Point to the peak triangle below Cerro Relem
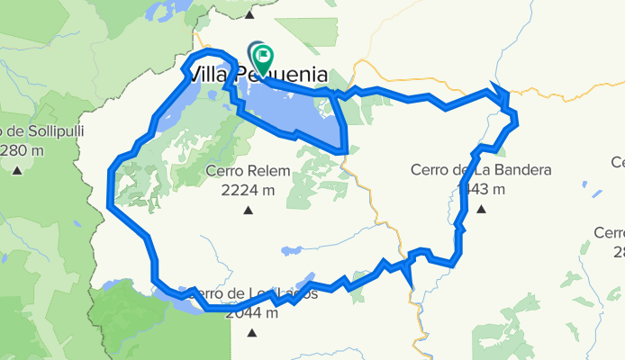[x=248, y=211]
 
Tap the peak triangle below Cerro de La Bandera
[x=481, y=210]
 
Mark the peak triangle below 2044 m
[x=251, y=334]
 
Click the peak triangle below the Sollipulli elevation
[x=18, y=169]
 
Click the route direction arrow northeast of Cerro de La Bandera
[x=497, y=92]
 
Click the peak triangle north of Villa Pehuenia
[x=249, y=13]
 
